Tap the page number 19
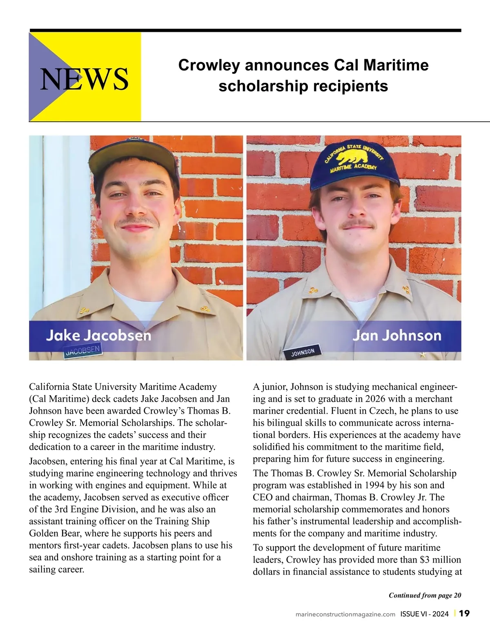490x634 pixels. [464, 614]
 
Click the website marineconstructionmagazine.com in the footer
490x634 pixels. [345, 614]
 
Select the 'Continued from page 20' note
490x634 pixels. [425, 595]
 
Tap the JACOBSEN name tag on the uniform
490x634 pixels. [82, 351]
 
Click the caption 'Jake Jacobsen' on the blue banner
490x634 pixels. [98, 336]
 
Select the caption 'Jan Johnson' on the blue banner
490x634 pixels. [396, 336]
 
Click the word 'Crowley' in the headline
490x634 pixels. [209, 65]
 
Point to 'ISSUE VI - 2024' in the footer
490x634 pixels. [424, 614]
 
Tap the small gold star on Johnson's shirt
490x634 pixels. [423, 355]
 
